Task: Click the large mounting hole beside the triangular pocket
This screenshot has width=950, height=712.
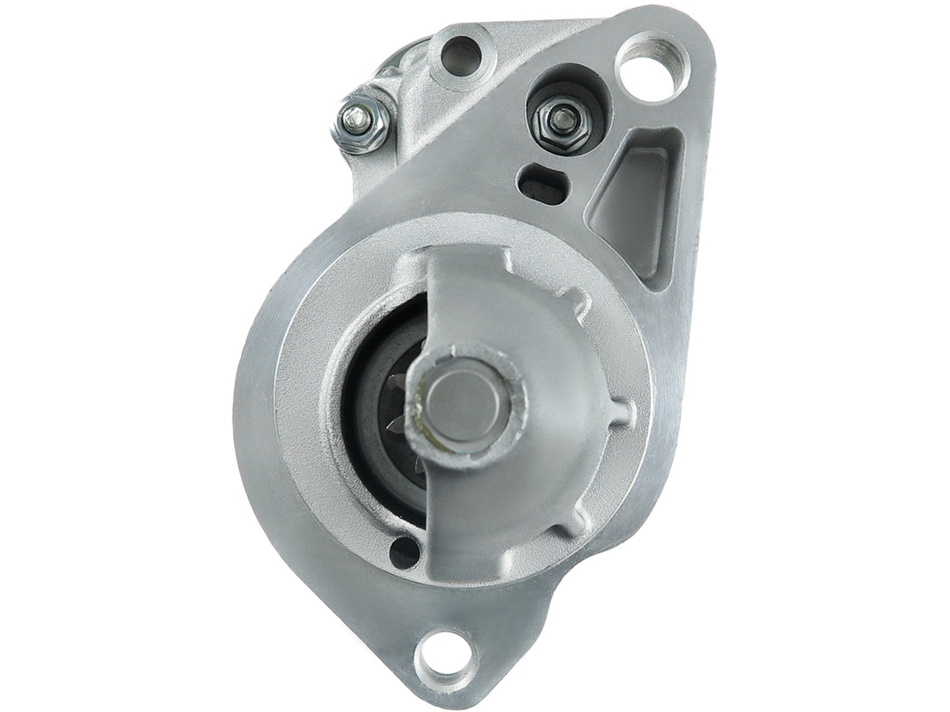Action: click(x=653, y=66)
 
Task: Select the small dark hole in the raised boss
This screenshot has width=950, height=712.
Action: click(x=461, y=55)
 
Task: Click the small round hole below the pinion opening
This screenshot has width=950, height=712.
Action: click(x=405, y=551)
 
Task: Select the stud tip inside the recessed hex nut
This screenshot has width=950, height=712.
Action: click(x=561, y=117)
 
